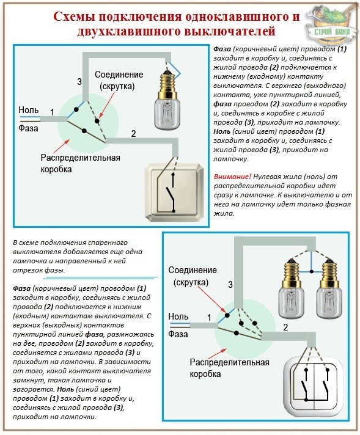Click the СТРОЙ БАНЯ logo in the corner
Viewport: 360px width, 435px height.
331,24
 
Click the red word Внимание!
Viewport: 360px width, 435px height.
233,177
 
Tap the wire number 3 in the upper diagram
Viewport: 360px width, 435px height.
79,82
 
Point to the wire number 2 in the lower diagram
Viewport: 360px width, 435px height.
285,327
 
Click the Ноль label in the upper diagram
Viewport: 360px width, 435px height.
29,110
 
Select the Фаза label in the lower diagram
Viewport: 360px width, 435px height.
178,334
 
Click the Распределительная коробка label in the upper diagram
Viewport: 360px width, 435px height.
81,163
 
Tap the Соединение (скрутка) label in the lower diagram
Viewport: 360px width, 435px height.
193,276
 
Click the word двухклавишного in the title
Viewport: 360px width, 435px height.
128,31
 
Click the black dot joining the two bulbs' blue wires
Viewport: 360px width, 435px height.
312,271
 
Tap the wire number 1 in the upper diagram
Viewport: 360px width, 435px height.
52,112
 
